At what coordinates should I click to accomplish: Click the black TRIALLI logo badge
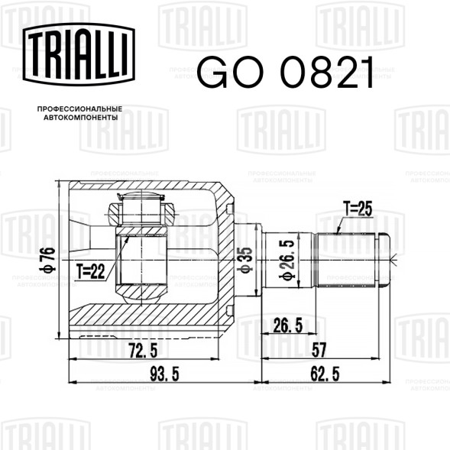pyautogui.click(x=79, y=54)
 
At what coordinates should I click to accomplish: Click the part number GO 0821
pyautogui.click(x=287, y=72)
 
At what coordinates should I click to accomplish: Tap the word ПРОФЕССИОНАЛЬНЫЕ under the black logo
pyautogui.click(x=79, y=109)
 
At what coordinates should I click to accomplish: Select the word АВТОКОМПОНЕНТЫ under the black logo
pyautogui.click(x=81, y=118)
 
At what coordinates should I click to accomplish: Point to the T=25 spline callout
pyautogui.click(x=358, y=209)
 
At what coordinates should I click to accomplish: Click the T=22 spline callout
pyautogui.click(x=90, y=271)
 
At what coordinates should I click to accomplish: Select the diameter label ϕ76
pyautogui.click(x=48, y=259)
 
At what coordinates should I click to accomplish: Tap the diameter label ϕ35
pyautogui.click(x=246, y=260)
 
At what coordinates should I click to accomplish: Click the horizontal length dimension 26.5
pyautogui.click(x=288, y=325)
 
